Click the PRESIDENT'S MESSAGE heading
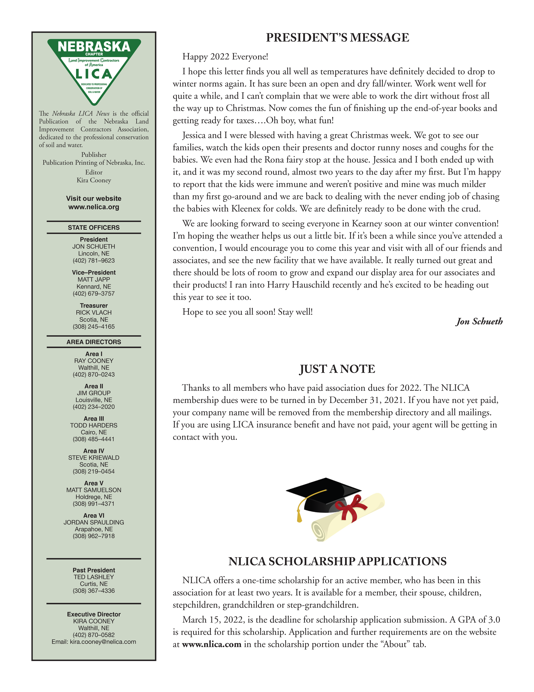pyautogui.click(x=337, y=37)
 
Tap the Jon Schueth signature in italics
pyautogui.click(x=479, y=321)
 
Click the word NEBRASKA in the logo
pyautogui.click(x=94, y=47)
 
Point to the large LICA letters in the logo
pyautogui.click(x=94, y=74)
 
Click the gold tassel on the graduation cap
pyautogui.click(x=299, y=517)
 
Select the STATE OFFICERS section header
pyautogui.click(x=94, y=228)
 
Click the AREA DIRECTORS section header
pyautogui.click(x=94, y=342)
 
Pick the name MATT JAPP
pyautogui.click(x=94, y=279)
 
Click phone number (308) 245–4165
pyautogui.click(x=94, y=326)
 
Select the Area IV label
pyautogui.click(x=94, y=451)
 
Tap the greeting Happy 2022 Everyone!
pyautogui.click(x=225, y=57)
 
